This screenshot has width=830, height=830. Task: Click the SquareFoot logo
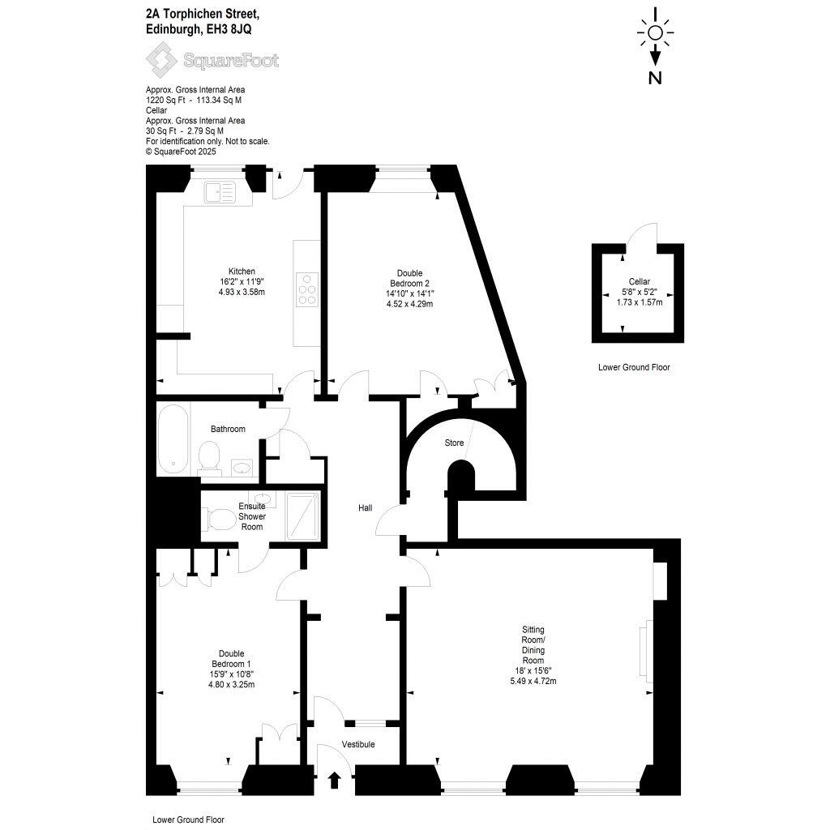click(x=212, y=59)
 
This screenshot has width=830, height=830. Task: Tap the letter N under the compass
click(x=656, y=78)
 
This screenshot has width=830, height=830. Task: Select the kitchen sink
click(x=220, y=192)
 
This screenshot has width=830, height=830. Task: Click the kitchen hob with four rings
click(x=308, y=289)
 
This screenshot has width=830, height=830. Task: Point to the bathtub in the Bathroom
click(x=172, y=440)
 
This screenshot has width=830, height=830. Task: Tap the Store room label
click(x=454, y=443)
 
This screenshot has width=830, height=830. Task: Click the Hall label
click(x=366, y=508)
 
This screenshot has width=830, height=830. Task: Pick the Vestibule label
click(x=357, y=744)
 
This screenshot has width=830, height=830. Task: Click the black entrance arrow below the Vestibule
click(x=333, y=780)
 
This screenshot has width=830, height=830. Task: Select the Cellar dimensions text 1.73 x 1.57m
click(x=635, y=302)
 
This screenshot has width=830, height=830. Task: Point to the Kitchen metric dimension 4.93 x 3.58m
click(x=242, y=292)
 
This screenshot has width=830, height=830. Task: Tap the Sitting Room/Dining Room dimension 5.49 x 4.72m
click(x=533, y=681)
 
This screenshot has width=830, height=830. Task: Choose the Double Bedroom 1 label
click(x=231, y=659)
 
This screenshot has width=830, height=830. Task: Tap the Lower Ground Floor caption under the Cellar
click(x=634, y=367)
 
